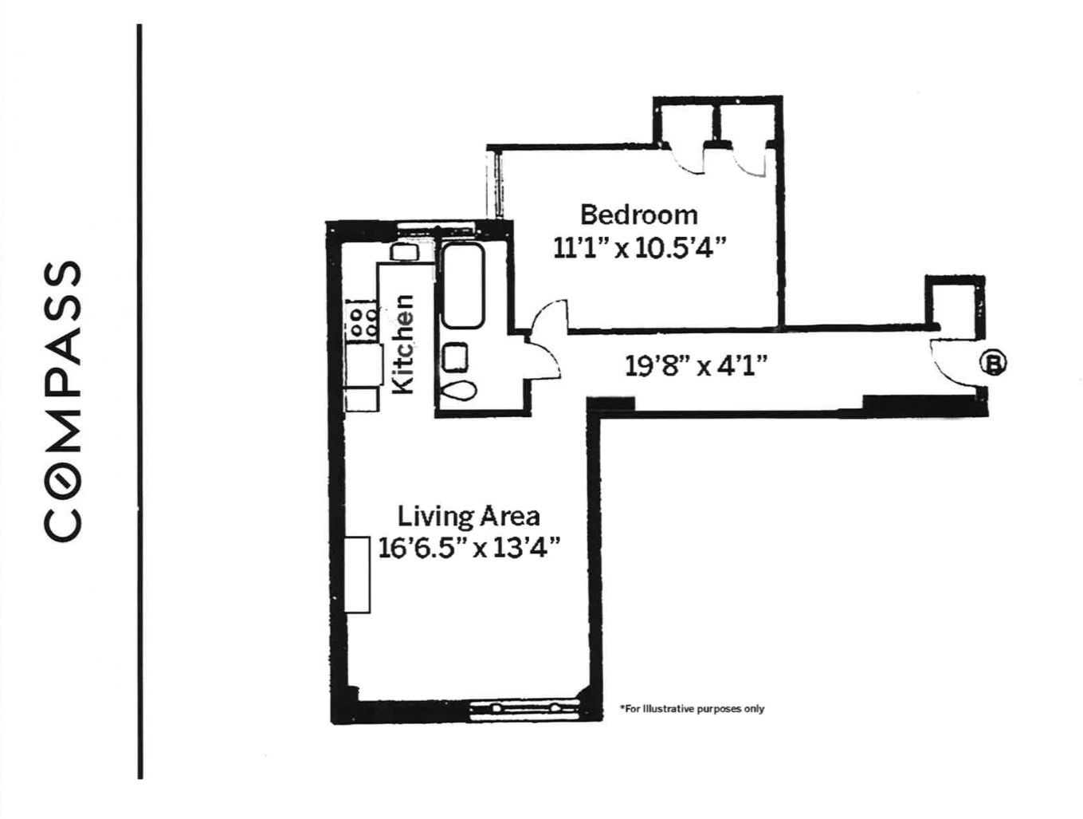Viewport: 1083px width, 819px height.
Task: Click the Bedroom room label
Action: coord(638,215)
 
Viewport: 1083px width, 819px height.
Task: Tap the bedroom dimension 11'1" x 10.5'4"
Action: coord(640,248)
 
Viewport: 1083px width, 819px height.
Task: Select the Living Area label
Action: coord(469,516)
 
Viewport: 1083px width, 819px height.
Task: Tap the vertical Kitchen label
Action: coord(405,344)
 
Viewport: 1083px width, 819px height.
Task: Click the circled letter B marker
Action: coord(994,363)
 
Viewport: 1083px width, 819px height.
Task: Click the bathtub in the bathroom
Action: coord(462,286)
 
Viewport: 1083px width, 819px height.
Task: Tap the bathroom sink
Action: coord(455,356)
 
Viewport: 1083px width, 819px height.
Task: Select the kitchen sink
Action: coord(404,252)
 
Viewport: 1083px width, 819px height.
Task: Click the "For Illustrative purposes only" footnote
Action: coord(691,708)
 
